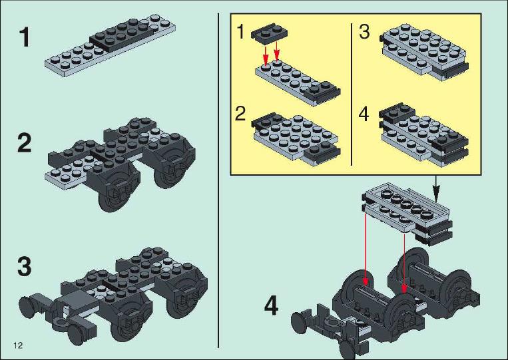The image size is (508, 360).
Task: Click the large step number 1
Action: tap(24, 37)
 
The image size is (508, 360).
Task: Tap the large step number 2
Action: tap(24, 144)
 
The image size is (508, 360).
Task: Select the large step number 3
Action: tap(24, 266)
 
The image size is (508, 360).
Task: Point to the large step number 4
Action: tap(271, 306)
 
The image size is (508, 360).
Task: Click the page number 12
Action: tap(18, 345)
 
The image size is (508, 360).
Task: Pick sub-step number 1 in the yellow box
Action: tap(240, 32)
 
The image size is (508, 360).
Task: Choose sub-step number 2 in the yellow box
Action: tap(240, 114)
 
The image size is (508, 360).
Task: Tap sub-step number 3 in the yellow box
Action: tap(364, 32)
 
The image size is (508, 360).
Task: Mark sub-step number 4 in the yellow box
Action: tap(364, 114)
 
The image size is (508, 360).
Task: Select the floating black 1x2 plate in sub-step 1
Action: tap(270, 33)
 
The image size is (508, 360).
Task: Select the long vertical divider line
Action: tap(218, 180)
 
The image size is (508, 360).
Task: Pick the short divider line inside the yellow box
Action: tap(352, 94)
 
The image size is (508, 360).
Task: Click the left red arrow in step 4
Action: tap(366, 249)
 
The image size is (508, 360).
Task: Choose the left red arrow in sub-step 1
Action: tap(266, 55)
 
